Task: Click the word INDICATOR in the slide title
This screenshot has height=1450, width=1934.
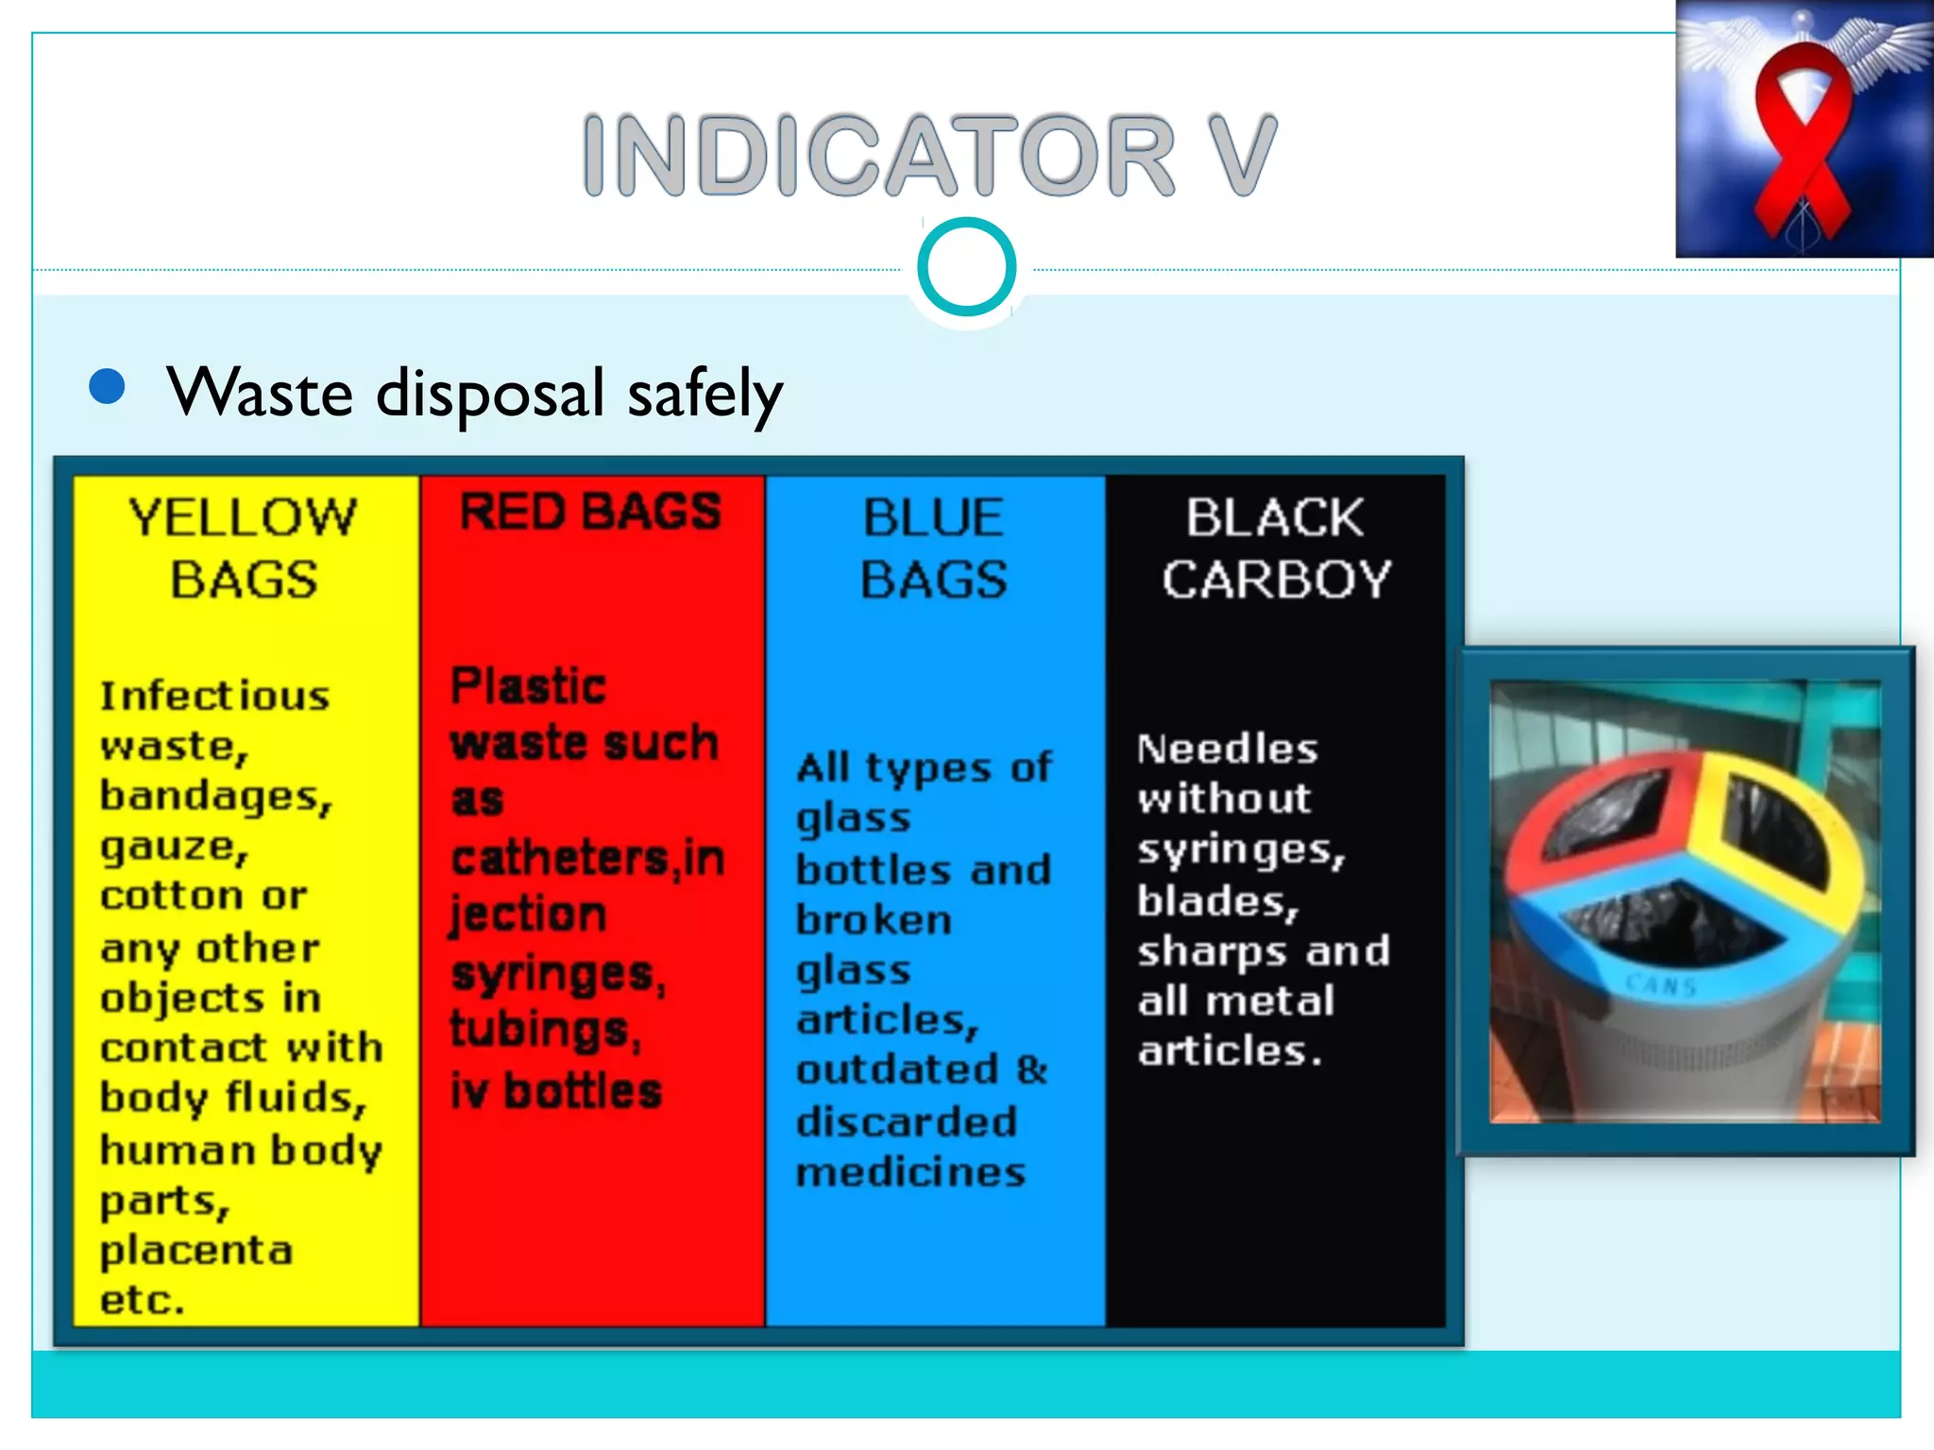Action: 878,155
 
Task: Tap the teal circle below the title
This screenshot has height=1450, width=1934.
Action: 966,267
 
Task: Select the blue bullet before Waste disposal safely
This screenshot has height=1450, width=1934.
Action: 108,386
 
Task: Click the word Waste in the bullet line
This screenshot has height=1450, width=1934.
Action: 260,393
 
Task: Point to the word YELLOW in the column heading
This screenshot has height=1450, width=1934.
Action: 243,517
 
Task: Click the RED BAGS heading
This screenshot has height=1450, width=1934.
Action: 590,513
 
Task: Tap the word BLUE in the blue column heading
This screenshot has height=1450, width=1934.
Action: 933,517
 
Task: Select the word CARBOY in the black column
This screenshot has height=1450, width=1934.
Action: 1276,579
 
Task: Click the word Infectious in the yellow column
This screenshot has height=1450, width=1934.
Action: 214,696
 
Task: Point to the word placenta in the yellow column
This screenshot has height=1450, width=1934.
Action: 196,1250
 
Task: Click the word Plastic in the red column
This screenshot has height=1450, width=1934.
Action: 528,686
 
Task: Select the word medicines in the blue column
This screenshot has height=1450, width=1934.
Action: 910,1172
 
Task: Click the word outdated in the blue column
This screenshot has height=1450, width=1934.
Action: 897,1071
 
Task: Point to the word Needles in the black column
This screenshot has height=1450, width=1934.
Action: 1227,749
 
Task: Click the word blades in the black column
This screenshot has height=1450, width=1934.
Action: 1216,901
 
